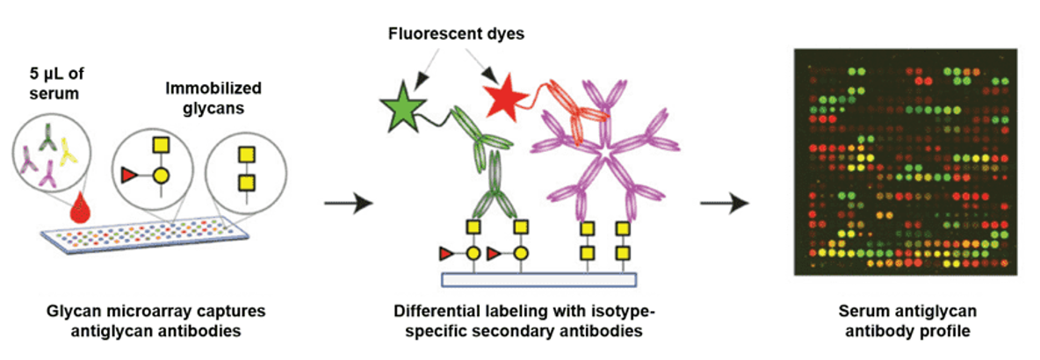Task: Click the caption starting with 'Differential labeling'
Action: (525, 320)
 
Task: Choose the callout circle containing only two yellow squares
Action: (247, 171)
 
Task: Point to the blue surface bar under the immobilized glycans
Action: (537, 279)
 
